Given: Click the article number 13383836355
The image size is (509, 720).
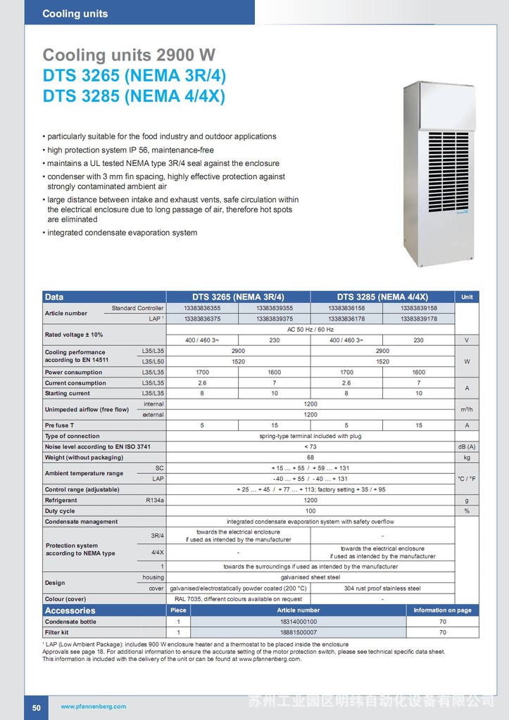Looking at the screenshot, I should pos(202,308).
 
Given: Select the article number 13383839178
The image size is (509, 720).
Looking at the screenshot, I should pos(418,319).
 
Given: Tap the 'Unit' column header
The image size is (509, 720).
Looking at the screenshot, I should pos(466,297).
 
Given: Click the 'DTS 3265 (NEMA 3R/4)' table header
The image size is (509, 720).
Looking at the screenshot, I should pos(238,297).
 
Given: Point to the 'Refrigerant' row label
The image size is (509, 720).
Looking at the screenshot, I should pos(61,500).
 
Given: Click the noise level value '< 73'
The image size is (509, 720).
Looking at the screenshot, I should pos(310,446).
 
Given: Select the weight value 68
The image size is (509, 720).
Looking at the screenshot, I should pos(310,457).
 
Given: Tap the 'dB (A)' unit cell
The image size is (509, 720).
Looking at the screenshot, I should pos(466,446).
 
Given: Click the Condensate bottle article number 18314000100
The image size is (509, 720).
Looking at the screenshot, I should pos(298,622).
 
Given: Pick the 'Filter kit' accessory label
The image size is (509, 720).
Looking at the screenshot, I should pos(59,633).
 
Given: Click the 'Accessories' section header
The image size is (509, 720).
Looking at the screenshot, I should pos(70,610).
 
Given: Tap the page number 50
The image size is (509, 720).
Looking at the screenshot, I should pos(36,707).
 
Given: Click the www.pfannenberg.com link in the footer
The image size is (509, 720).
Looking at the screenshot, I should pos(93,707).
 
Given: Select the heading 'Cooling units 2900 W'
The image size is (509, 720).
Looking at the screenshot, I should pos(129,55).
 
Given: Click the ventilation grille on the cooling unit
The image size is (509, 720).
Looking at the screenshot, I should pos(448,172).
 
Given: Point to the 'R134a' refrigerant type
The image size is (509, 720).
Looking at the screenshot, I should pos(153,500).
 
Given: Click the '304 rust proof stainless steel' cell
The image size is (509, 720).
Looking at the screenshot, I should pos(382,588).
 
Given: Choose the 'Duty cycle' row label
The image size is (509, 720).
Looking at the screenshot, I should pos(60,511).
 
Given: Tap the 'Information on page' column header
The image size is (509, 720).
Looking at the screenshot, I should pos(442,610).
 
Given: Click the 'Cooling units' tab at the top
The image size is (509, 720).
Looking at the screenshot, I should pos(75,13).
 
